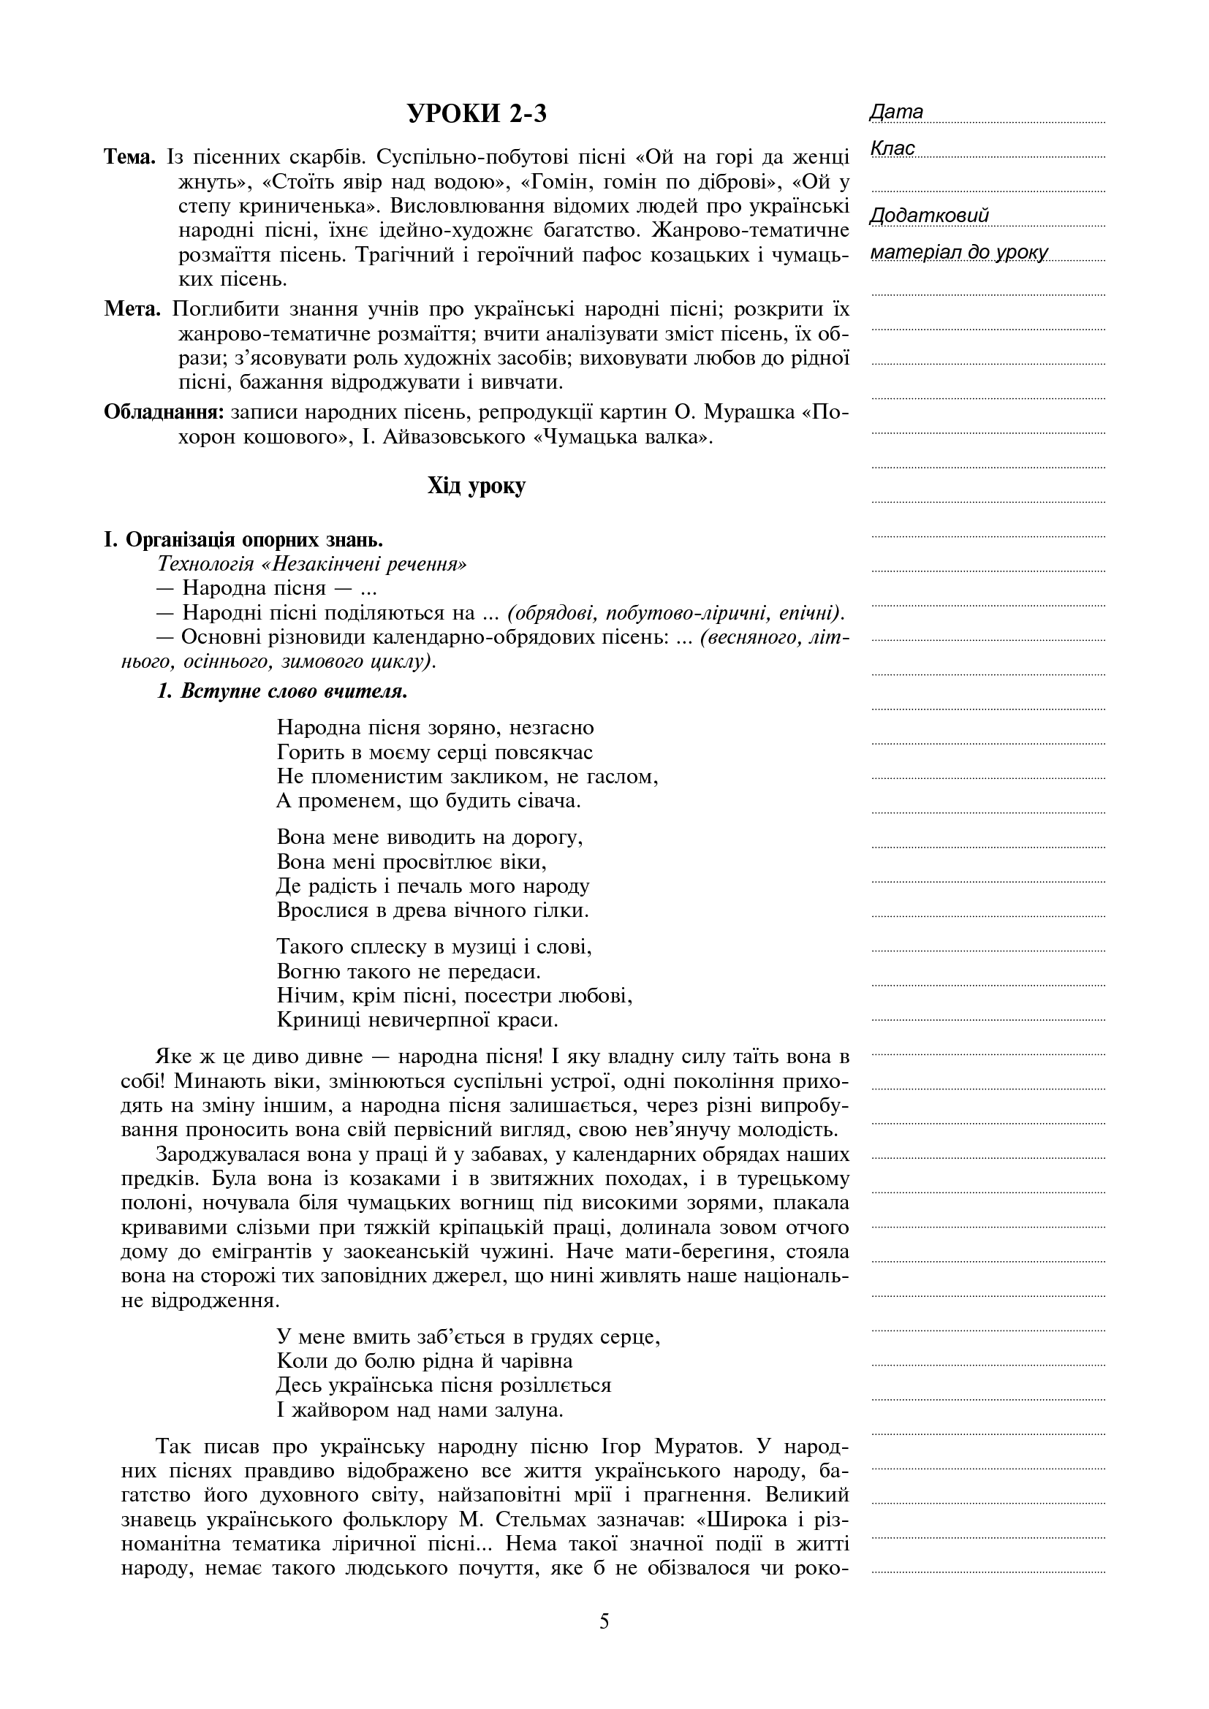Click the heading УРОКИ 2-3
[477, 114]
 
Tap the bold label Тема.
[130, 158]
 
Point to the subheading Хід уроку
[477, 487]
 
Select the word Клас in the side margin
[892, 149]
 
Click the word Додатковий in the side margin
[929, 216]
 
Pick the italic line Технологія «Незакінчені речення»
[313, 564]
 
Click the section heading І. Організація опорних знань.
[243, 540]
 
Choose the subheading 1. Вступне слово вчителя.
[282, 691]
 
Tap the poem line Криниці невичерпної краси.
[417, 1019]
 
